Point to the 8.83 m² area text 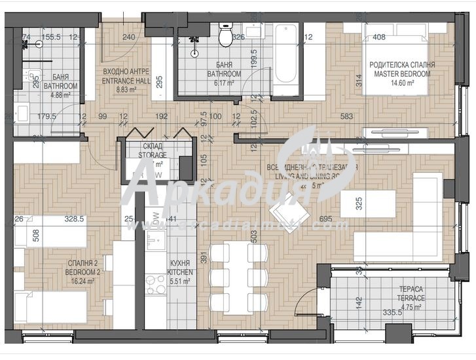click(125, 90)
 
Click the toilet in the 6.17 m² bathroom click(225, 37)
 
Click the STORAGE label click(152, 155)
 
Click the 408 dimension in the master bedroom click(378, 37)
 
